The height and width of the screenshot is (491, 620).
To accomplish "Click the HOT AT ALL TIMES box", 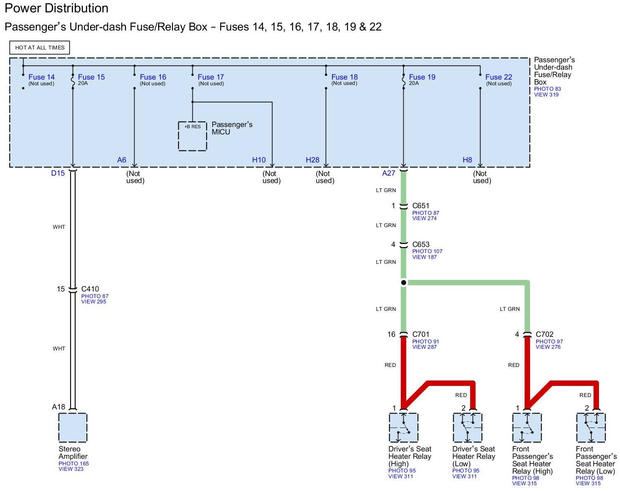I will [x=40, y=47].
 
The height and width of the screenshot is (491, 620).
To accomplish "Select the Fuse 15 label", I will [x=91, y=77].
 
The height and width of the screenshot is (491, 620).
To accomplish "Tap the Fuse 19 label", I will [x=422, y=77].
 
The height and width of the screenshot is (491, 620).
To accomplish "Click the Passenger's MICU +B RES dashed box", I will [x=192, y=136].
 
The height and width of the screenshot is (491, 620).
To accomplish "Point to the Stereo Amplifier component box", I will [x=73, y=428].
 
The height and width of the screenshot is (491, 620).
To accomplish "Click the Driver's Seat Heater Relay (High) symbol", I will [x=403, y=428].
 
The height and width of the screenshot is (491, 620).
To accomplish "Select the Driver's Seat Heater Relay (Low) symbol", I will [x=467, y=428].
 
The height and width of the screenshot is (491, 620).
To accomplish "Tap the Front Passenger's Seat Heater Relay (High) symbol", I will [x=527, y=428].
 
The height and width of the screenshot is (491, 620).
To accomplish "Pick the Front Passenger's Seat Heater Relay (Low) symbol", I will [x=591, y=428].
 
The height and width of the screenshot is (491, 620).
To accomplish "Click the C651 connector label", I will [x=421, y=206].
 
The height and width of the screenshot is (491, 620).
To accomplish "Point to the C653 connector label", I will [x=421, y=244].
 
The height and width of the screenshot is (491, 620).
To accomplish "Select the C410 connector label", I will [x=90, y=289].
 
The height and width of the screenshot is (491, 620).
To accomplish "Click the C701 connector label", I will [x=421, y=334].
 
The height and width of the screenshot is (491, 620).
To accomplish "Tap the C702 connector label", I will [x=544, y=334].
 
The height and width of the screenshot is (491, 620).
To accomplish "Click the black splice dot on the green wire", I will [x=404, y=282].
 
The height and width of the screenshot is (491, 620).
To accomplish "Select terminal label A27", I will [x=388, y=173].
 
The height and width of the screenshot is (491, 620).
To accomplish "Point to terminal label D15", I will [x=58, y=173].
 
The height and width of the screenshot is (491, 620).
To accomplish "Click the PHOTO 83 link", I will [x=547, y=89].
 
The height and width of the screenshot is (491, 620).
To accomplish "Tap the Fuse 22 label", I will [x=499, y=77].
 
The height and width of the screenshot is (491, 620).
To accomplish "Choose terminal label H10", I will [x=259, y=160].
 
